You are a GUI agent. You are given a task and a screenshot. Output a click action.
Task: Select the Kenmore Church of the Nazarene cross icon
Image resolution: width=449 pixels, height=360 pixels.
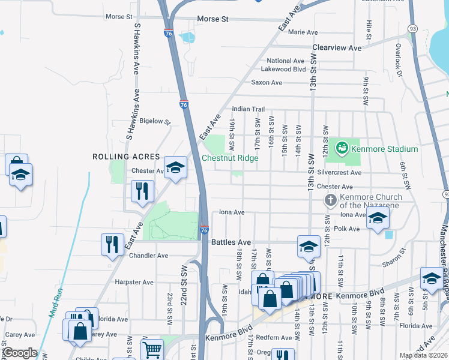tap(330, 200)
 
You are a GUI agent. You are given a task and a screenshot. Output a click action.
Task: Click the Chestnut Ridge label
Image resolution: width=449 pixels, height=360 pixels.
tap(230, 158)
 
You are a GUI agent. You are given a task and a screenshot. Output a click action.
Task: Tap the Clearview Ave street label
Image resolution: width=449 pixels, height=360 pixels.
tap(337, 47)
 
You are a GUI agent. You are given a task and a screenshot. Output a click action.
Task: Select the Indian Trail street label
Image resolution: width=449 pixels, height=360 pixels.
tap(249, 109)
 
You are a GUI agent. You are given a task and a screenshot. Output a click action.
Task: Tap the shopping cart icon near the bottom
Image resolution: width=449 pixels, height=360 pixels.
tap(152, 349)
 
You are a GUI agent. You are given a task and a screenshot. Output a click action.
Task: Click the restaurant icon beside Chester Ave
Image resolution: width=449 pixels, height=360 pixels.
tap(142, 191)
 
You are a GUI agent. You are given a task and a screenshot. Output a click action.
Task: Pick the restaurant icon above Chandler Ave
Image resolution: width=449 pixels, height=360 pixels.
tap(112, 244)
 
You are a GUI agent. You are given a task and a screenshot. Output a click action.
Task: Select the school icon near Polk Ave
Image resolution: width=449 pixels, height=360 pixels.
tap(378, 218)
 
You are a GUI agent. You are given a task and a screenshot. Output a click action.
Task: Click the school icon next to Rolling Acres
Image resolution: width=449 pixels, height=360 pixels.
tap(175, 167)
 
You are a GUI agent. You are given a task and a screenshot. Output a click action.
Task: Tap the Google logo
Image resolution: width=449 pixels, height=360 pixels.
tap(20, 353)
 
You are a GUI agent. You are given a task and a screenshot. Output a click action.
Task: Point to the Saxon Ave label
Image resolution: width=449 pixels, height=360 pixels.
tap(267, 82)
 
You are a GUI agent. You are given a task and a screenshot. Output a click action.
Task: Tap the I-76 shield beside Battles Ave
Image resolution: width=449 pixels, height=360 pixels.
tap(204, 230)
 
